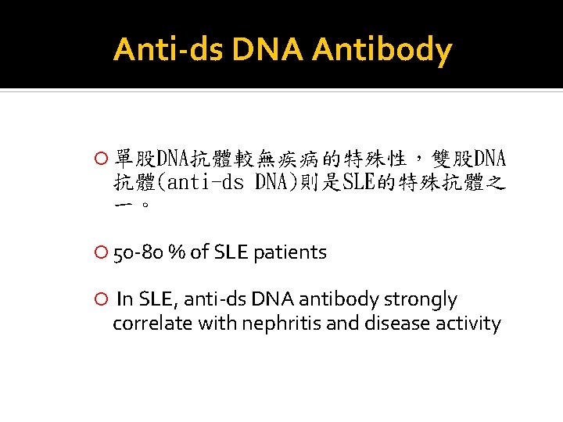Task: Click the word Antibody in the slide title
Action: pyautogui.click(x=382, y=51)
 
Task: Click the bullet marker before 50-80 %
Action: pyautogui.click(x=100, y=252)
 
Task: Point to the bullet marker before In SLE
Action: pyautogui.click(x=100, y=299)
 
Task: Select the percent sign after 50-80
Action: pyautogui.click(x=178, y=252)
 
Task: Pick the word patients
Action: pyautogui.click(x=290, y=252)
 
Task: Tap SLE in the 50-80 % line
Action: pyautogui.click(x=231, y=252)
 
